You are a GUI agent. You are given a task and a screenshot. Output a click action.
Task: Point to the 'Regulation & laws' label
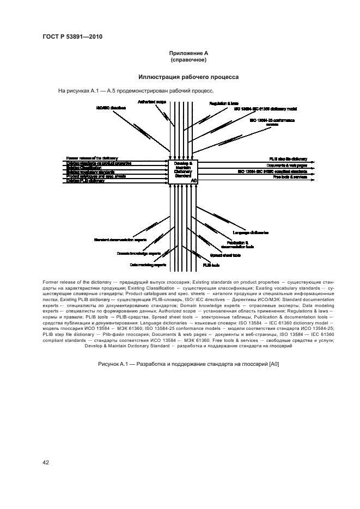point(224,103)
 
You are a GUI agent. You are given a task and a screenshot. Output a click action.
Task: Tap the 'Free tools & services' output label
point(286,177)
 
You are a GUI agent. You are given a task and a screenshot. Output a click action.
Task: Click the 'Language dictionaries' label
point(251,232)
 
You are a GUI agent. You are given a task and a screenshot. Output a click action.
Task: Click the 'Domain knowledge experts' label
point(138,253)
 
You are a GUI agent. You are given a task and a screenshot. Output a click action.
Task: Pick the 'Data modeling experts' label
point(148,265)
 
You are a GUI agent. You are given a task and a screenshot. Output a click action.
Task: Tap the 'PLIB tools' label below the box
point(211,265)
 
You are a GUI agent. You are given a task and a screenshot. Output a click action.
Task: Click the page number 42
point(46,463)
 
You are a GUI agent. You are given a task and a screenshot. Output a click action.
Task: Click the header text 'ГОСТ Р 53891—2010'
point(72,36)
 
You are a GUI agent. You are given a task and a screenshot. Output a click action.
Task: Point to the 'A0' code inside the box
point(194,179)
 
